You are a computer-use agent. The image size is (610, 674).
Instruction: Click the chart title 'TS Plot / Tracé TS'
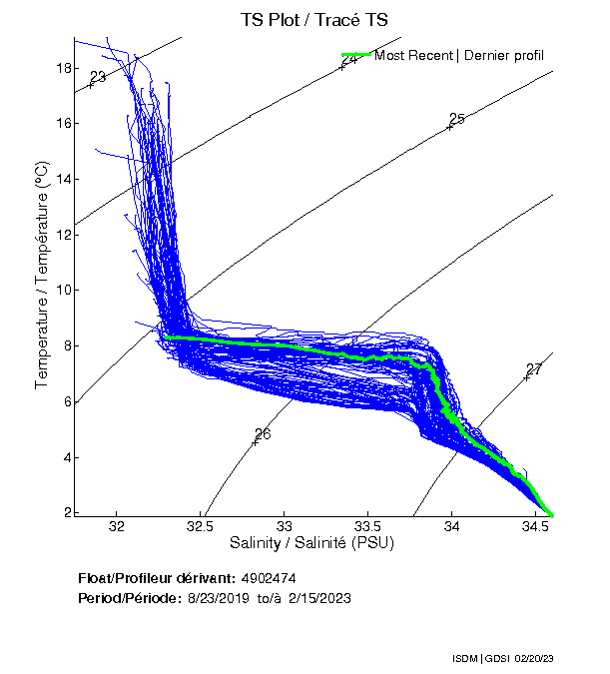313,19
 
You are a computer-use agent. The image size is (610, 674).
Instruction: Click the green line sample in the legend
355,55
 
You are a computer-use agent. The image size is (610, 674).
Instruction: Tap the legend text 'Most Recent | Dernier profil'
459,55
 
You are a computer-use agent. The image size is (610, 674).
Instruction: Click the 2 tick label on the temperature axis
66,513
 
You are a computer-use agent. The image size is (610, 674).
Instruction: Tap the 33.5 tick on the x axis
368,526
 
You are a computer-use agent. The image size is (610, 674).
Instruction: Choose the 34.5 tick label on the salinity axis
536,526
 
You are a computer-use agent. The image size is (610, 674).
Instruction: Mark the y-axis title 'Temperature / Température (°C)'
42,276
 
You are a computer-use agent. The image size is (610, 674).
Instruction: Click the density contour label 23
98,77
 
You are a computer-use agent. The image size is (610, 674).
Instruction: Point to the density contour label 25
457,119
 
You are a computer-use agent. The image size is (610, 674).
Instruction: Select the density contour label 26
263,434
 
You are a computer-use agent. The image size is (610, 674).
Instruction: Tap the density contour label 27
534,369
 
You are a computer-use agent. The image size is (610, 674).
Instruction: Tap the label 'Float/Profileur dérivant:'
156,578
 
